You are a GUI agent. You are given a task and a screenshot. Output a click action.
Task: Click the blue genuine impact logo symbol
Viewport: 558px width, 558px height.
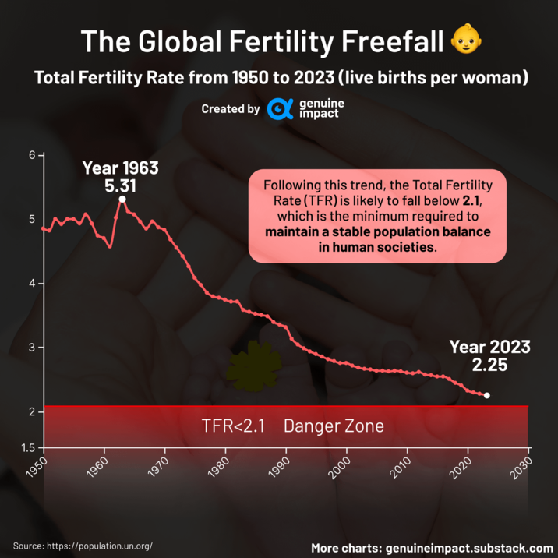point(280,109)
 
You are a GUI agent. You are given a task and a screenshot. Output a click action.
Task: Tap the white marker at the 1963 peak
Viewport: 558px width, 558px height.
point(122,200)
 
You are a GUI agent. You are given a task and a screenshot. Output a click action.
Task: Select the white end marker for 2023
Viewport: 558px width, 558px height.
point(487,396)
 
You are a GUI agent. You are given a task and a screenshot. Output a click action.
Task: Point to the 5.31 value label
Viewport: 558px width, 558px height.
point(120,186)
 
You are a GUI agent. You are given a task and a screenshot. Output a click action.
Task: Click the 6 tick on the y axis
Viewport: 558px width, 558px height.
point(32,155)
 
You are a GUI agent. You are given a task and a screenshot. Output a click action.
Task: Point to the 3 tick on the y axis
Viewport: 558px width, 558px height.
point(32,347)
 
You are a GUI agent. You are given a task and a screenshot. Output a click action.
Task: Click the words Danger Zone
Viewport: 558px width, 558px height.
point(334,426)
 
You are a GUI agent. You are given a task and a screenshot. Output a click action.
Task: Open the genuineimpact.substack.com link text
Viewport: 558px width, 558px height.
point(469,547)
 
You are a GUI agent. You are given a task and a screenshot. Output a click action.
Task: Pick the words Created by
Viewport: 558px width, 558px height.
point(230,109)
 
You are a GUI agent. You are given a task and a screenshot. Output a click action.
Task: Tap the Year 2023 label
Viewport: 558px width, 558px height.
point(489,347)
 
